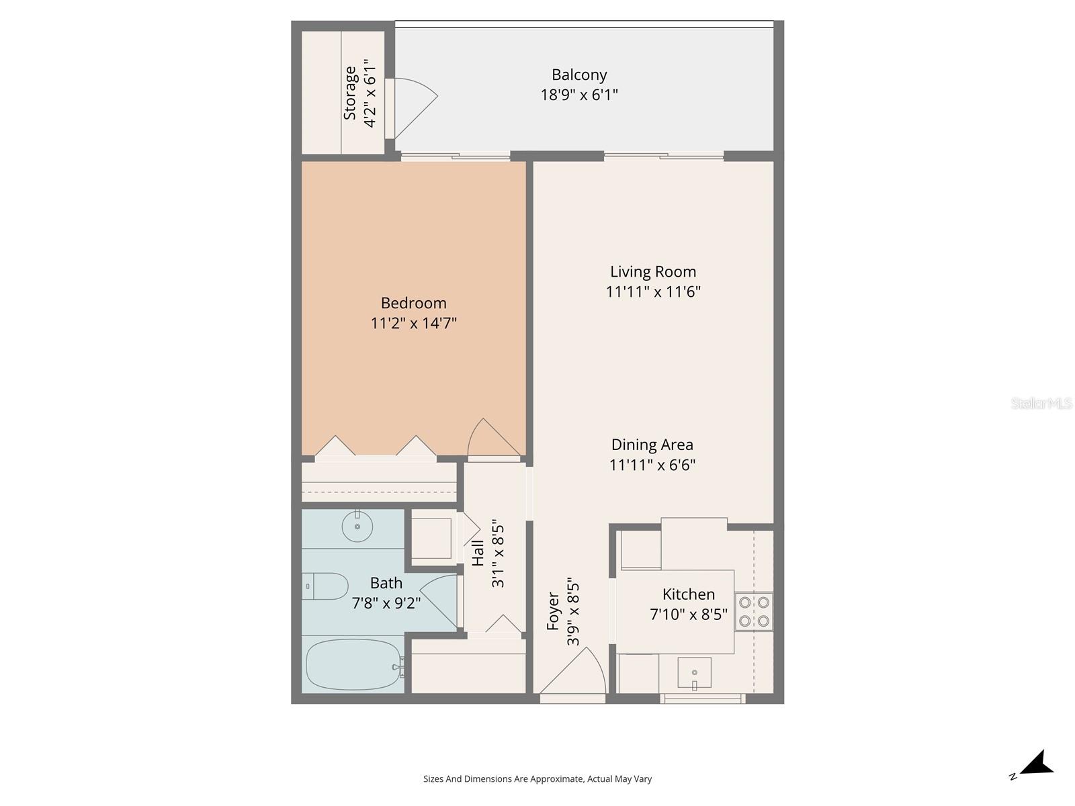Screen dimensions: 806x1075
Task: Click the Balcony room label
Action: [579, 75]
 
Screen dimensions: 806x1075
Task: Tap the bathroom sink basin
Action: [357, 527]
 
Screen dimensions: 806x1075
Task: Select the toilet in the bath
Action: [325, 586]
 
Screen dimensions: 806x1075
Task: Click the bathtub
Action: [353, 664]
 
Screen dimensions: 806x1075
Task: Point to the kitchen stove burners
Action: [754, 612]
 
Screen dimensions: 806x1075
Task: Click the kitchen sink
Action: [694, 672]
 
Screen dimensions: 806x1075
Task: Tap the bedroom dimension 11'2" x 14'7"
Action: [414, 324]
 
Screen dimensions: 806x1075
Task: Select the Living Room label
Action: [653, 271]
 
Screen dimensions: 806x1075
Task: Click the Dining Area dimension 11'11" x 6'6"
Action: [652, 465]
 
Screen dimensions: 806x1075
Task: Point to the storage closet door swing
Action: [413, 97]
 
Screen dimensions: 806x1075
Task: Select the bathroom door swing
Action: [440, 599]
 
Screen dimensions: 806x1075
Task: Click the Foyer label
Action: [553, 611]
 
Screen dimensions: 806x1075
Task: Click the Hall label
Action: [478, 553]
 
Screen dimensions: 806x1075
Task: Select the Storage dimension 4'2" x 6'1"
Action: [370, 93]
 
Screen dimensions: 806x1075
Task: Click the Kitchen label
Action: [689, 594]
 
